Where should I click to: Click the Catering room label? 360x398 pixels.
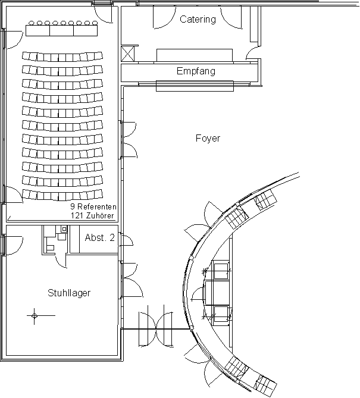click(198, 19)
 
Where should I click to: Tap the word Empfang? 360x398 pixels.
click(196, 71)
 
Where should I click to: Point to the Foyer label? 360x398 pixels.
click(208, 139)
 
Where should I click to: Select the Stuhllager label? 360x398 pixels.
click(69, 293)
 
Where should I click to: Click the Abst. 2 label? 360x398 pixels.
click(100, 237)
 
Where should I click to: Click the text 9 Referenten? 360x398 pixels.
click(93, 206)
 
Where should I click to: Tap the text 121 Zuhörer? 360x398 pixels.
click(92, 216)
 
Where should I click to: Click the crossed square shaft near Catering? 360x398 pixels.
click(127, 54)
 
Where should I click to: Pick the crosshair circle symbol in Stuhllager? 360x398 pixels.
click(35, 316)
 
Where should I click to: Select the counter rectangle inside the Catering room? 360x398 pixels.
click(195, 55)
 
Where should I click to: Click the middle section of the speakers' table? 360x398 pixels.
click(62, 30)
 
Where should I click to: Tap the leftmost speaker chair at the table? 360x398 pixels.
click(32, 23)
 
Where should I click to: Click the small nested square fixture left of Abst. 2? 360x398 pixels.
click(64, 229)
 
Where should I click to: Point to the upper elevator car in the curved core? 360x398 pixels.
click(221, 271)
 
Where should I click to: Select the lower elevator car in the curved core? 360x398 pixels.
click(221, 314)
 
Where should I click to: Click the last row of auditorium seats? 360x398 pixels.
click(62, 195)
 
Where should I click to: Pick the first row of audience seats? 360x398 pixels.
click(62, 57)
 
